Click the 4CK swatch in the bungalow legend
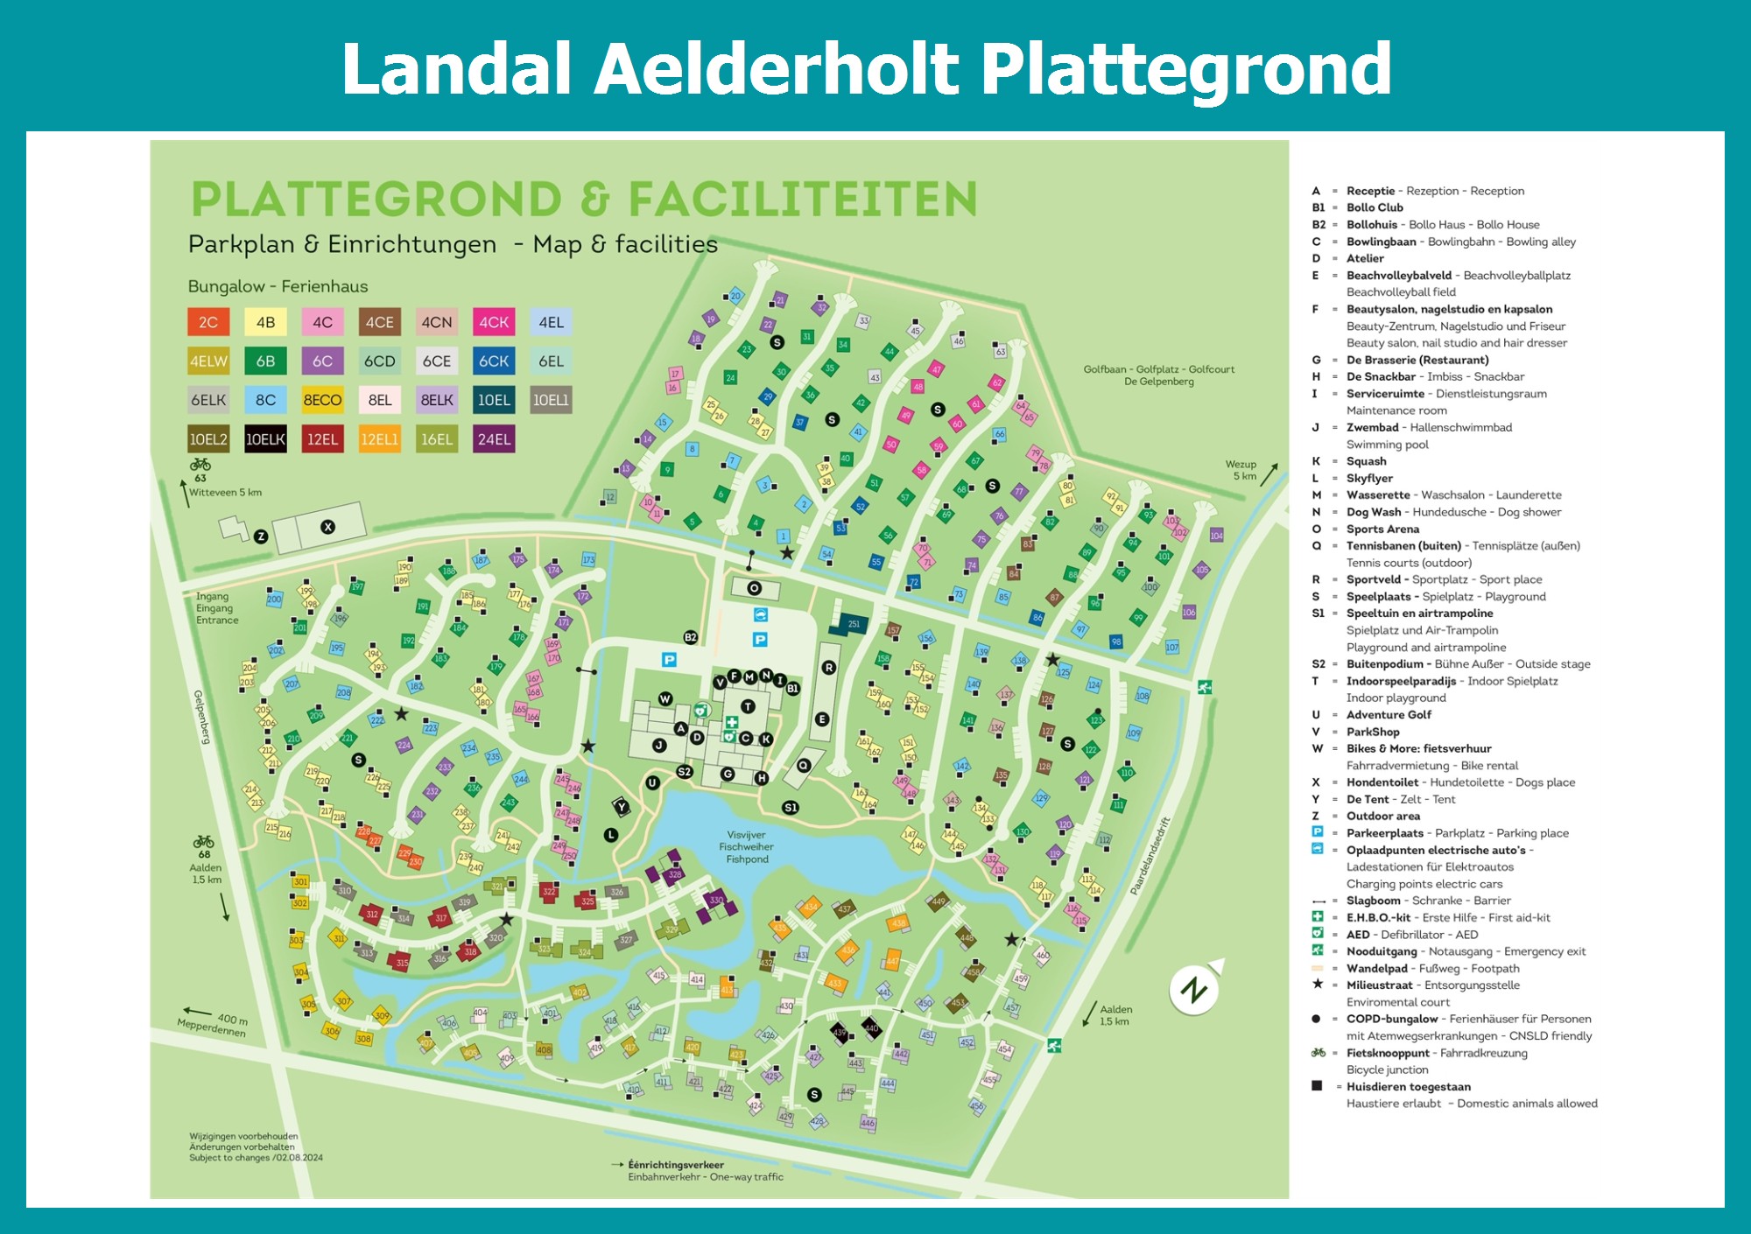tap(494, 322)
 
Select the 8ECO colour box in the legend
tap(322, 400)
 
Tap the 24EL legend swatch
tap(494, 439)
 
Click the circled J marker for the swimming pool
tap(659, 746)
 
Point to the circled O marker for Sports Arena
tap(754, 588)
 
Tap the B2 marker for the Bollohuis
tap(690, 637)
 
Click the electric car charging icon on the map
tap(760, 614)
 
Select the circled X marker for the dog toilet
tap(327, 527)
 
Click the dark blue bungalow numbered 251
tap(854, 624)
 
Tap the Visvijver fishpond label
tap(746, 847)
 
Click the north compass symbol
tap(1194, 990)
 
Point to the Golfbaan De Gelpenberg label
tap(1158, 375)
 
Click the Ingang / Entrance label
tap(216, 608)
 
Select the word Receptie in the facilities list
tap(1370, 191)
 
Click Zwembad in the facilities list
tap(1372, 427)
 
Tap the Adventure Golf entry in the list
tap(1389, 714)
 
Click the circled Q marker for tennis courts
tap(804, 765)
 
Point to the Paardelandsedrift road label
tap(1150, 856)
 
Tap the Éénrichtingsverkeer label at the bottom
tap(675, 1165)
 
